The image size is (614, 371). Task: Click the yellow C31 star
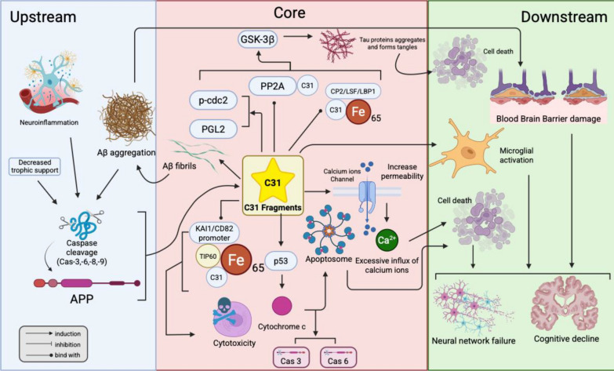(x=273, y=180)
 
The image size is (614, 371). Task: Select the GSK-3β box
(x=257, y=39)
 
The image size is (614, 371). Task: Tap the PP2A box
(x=273, y=86)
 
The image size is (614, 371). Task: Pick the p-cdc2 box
(x=213, y=100)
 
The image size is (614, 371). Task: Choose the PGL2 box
(x=213, y=129)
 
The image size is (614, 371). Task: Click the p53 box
(x=281, y=261)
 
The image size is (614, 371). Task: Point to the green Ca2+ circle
(x=387, y=239)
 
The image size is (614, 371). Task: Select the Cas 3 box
(x=291, y=358)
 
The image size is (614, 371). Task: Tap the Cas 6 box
(x=338, y=358)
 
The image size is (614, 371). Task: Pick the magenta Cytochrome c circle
(x=282, y=306)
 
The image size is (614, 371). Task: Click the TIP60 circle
(x=208, y=256)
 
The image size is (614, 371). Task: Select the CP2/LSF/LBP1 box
(x=353, y=92)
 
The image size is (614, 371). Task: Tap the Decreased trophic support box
(x=35, y=166)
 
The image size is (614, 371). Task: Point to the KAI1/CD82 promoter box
(x=214, y=233)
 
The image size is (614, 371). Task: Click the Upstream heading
(x=43, y=16)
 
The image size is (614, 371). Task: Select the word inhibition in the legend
(x=67, y=344)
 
